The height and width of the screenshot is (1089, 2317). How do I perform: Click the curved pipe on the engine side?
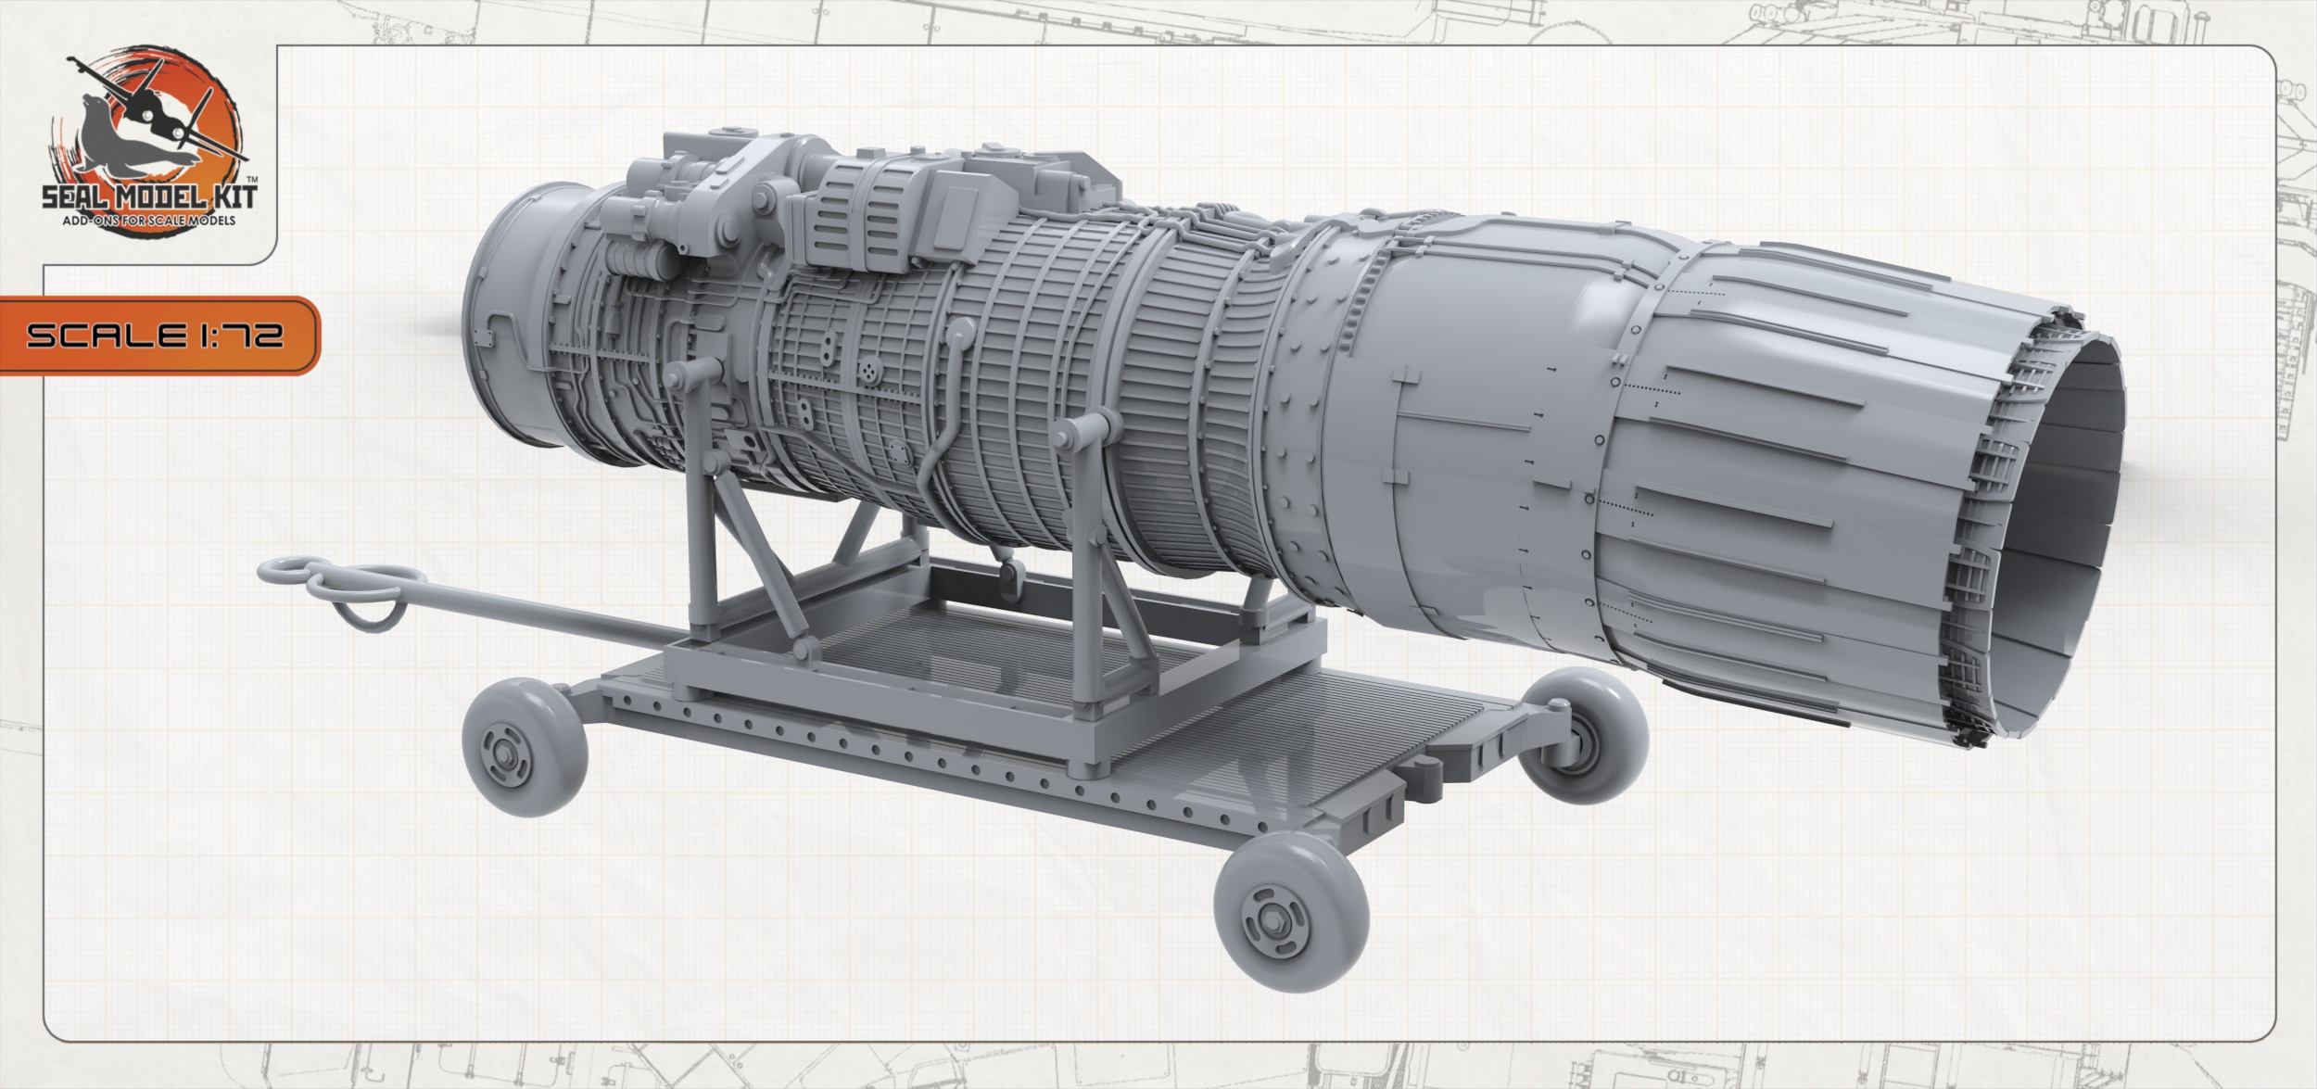[945, 417]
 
